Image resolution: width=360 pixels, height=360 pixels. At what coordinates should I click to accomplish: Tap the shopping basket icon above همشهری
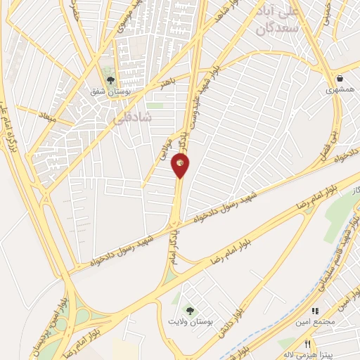(x=340, y=79)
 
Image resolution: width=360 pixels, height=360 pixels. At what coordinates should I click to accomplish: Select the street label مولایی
(x=165, y=145)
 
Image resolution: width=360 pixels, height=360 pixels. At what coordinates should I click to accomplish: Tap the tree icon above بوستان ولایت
(x=188, y=310)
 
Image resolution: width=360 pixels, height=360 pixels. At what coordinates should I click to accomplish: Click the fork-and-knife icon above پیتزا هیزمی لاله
(x=307, y=344)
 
